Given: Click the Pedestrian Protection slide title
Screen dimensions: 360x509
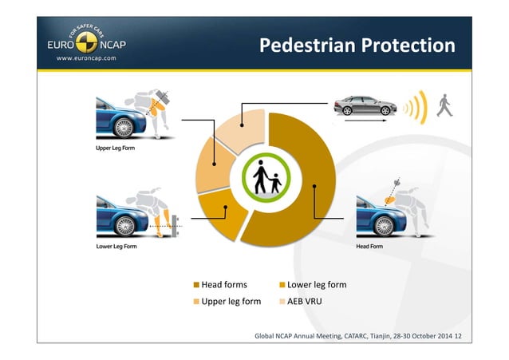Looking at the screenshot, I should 357,45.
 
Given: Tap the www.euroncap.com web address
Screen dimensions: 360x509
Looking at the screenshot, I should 86,58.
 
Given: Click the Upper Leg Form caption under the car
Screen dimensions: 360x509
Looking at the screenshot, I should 111,148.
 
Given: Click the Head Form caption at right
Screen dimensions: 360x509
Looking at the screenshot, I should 369,247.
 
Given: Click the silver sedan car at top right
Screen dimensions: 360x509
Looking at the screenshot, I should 364,105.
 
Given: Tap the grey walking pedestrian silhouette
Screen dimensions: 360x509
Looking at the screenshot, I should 444,105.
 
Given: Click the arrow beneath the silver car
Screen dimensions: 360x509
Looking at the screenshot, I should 363,122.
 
